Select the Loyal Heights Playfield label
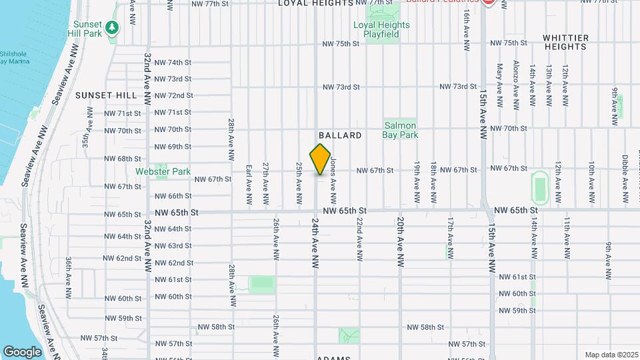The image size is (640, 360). point(381,29)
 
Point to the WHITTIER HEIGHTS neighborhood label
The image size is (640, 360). point(565,42)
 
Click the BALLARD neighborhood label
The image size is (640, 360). point(340,135)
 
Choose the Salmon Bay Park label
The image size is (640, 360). point(400,130)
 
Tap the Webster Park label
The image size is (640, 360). point(163,171)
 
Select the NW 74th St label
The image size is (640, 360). point(173,63)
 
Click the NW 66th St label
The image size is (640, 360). point(173,196)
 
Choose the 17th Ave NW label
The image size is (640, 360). point(451,238)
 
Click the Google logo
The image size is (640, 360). point(23,352)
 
